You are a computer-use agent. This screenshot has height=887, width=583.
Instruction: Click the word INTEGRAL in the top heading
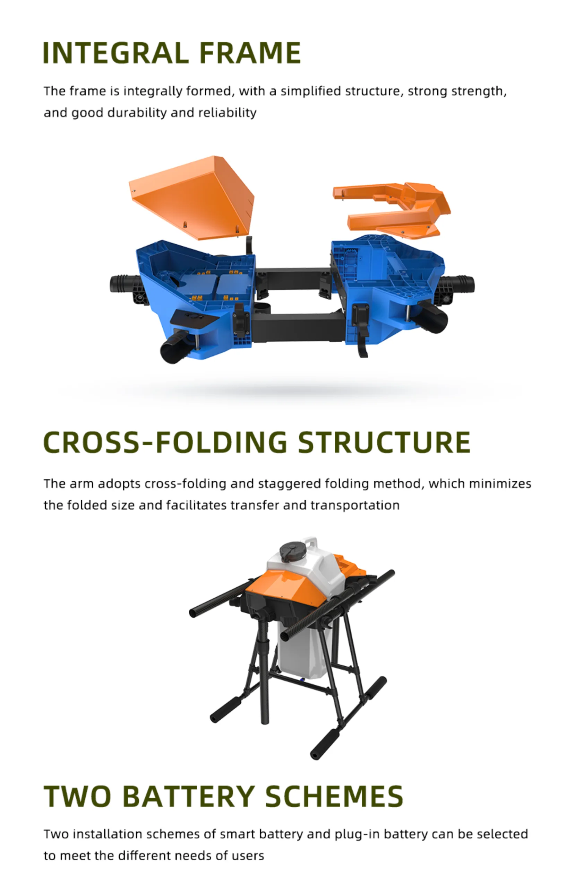point(116,53)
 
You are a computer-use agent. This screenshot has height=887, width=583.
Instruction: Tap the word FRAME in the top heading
point(250,53)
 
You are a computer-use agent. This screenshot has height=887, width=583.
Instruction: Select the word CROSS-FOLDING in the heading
point(165,442)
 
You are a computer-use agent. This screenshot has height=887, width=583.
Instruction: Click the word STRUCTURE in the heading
point(384,442)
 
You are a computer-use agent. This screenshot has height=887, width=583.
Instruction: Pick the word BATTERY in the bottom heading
point(189,797)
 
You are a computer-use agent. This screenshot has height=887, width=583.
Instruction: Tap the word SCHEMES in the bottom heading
point(334,797)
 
